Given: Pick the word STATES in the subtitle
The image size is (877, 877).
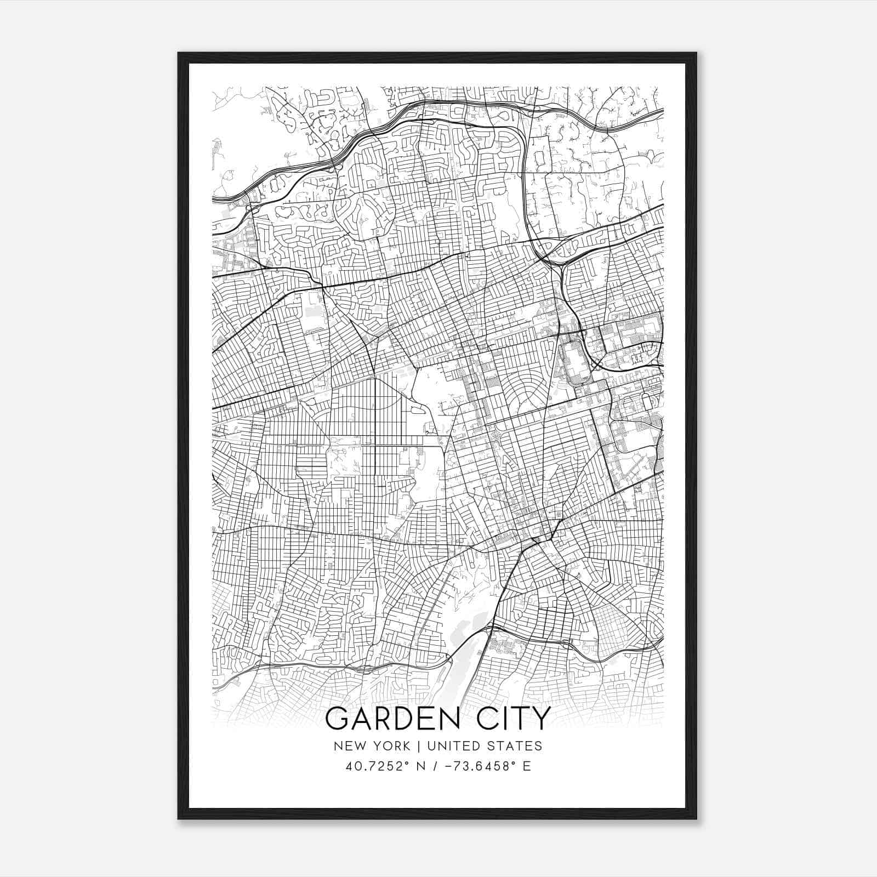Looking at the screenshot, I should click(514, 746).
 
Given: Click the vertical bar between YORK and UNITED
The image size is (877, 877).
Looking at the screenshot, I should click(418, 746).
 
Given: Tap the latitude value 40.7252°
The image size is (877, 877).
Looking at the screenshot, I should click(373, 766).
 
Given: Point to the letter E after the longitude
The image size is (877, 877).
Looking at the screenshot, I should click(527, 766).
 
